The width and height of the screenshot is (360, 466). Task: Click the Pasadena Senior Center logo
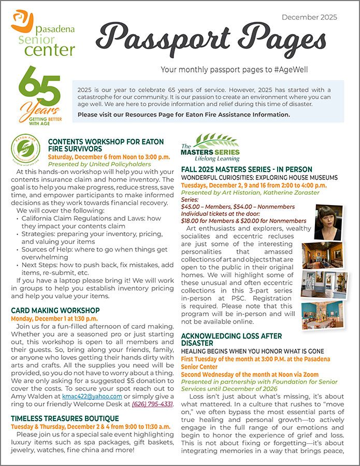pyautogui.click(x=43, y=33)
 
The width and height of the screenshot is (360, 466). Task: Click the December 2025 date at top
pyautogui.click(x=309, y=17)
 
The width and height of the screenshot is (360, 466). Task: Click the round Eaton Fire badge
pyautogui.click(x=25, y=149)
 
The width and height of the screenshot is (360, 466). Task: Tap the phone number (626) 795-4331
pyautogui.click(x=152, y=404)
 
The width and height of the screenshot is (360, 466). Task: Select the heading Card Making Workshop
pyautogui.click(x=55, y=311)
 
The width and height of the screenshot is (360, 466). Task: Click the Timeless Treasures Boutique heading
pyautogui.click(x=65, y=418)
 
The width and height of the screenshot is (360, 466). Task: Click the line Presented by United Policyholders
pyautogui.click(x=96, y=164)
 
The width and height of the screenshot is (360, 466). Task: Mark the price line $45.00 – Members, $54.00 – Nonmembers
pyautogui.click(x=238, y=207)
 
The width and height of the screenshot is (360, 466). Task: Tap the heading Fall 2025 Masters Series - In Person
pyautogui.click(x=247, y=169)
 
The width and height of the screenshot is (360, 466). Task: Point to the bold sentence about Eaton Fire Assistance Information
pyautogui.click(x=184, y=114)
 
